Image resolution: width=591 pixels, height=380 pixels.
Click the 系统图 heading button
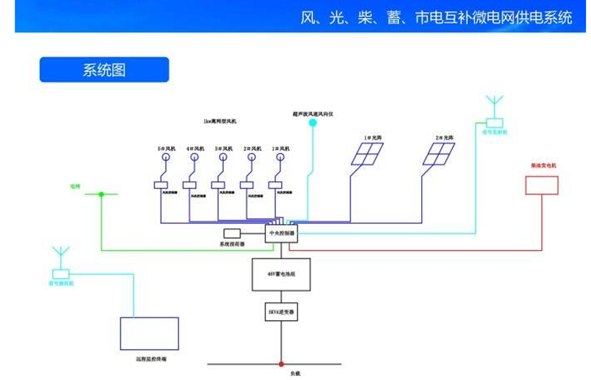(x=104, y=70)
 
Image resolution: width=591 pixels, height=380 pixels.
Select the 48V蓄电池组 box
(x=281, y=274)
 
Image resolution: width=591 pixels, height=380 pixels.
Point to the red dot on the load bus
(x=282, y=363)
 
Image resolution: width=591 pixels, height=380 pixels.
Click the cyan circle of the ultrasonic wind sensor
(x=313, y=123)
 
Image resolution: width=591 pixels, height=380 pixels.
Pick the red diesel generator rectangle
(x=542, y=185)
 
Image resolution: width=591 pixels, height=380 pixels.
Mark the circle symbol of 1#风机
(x=280, y=157)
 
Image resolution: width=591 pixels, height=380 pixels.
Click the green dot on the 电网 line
(x=102, y=194)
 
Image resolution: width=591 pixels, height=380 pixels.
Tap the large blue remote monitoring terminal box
(x=149, y=333)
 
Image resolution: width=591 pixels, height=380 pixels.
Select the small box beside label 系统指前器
(x=232, y=232)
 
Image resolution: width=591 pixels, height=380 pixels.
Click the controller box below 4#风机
(x=195, y=185)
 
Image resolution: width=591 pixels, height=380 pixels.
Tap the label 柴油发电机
(x=543, y=166)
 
